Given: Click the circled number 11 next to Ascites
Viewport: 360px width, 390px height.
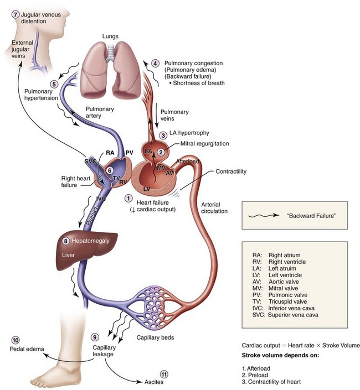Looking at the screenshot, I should [163, 375].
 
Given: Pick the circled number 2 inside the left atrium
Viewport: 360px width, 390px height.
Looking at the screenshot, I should [160, 152].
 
